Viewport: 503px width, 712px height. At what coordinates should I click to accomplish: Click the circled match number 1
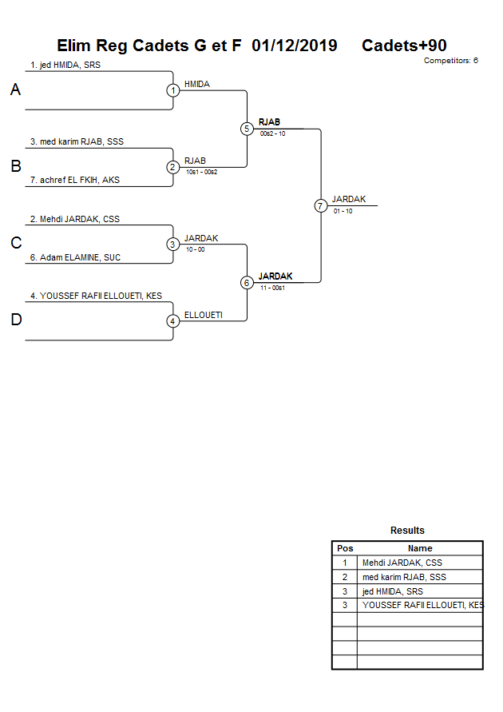tap(173, 90)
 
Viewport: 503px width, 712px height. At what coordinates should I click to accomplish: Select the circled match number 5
tap(247, 129)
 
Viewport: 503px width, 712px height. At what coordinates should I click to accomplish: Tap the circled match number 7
tap(320, 205)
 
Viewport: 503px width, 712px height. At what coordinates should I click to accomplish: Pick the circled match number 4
tap(173, 320)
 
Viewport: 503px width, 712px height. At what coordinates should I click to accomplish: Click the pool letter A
tap(15, 90)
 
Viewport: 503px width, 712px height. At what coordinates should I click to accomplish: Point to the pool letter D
tap(15, 320)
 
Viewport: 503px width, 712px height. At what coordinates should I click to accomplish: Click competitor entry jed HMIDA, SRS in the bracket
tap(65, 66)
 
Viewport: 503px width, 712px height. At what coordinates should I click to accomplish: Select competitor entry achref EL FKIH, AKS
tap(75, 181)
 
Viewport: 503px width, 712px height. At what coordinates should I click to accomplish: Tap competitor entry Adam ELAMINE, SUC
tap(75, 257)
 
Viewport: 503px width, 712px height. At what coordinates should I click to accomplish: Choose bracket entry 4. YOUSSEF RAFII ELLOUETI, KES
tap(96, 296)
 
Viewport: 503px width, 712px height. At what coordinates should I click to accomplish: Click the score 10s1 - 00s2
tap(201, 172)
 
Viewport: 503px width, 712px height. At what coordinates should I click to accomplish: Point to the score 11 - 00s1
tap(272, 287)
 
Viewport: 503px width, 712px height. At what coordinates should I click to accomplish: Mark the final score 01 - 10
tap(343, 211)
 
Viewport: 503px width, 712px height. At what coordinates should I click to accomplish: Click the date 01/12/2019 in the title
tap(294, 46)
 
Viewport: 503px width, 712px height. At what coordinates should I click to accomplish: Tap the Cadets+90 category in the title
tap(404, 46)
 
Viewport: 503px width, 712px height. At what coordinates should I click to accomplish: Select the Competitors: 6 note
tap(450, 61)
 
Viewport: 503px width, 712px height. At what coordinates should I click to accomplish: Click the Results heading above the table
tap(407, 531)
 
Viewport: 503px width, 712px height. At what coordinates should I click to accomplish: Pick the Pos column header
tap(345, 548)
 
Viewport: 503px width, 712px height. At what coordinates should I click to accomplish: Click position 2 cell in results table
tap(345, 577)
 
